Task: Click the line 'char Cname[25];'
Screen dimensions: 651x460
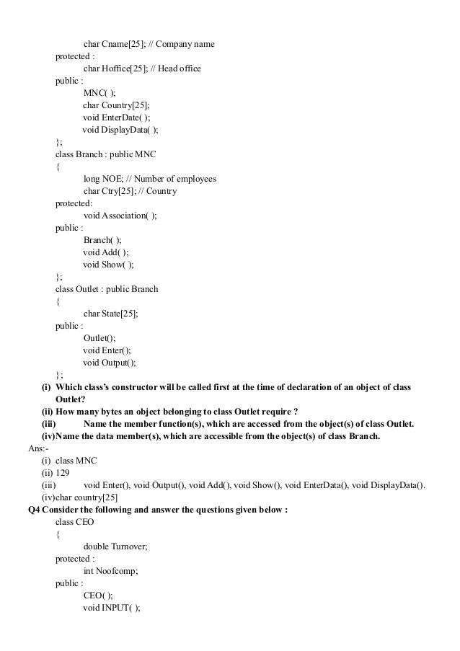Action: [114, 45]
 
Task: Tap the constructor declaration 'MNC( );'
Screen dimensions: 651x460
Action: [99, 93]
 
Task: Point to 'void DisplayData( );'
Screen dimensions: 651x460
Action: [120, 130]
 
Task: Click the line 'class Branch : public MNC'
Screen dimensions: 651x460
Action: [105, 154]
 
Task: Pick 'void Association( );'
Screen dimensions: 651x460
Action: [120, 216]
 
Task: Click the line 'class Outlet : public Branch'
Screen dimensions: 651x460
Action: [107, 289]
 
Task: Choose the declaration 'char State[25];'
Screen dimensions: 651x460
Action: [111, 314]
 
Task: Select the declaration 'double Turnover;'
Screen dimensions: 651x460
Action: [115, 546]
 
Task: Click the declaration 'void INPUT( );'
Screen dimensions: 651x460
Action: [112, 607]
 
